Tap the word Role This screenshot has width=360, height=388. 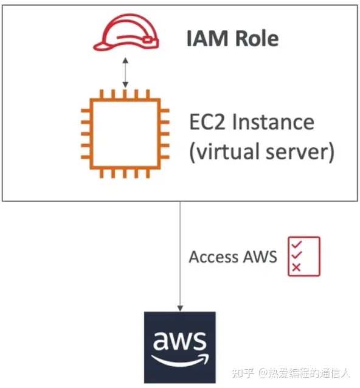(256, 38)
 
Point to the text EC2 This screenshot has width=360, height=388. (209, 122)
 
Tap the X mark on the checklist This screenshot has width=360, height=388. (297, 268)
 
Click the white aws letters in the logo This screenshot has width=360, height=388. (179, 341)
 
